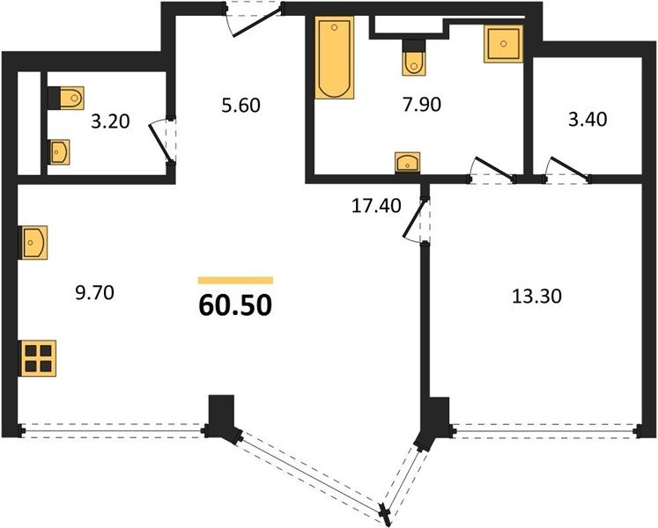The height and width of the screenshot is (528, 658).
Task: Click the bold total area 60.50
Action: [235, 304]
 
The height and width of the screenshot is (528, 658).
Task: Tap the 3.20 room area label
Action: [110, 121]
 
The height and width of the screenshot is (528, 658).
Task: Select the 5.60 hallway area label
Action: [240, 105]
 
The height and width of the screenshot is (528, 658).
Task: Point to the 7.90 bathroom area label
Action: [422, 104]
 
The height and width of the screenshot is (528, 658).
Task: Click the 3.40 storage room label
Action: [588, 120]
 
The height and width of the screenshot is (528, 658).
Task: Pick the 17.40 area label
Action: [376, 206]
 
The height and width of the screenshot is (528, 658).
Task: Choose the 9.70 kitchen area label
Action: [94, 293]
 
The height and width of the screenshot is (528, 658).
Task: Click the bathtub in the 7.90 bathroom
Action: [334, 58]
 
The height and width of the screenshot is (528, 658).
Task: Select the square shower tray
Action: [503, 44]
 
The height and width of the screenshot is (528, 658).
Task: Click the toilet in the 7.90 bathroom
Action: [414, 58]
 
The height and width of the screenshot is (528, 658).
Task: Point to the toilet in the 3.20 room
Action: [66, 99]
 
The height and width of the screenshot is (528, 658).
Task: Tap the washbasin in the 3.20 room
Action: [58, 152]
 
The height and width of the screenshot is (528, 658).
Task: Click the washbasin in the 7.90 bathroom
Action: [408, 162]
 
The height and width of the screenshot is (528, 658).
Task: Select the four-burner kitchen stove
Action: [38, 358]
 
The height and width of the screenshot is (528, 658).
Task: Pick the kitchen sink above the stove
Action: [33, 242]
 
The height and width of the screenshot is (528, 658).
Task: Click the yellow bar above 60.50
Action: [235, 281]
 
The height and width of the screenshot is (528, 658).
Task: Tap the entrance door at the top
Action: [254, 19]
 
